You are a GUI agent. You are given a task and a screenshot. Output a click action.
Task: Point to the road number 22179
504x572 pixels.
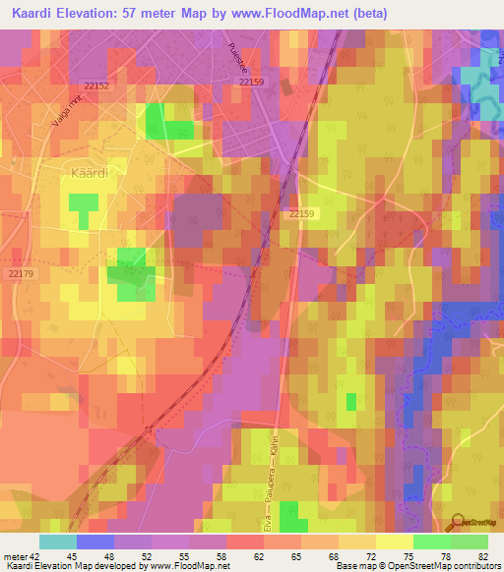(x=21, y=274)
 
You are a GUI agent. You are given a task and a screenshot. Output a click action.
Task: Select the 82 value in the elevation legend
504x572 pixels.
(x=482, y=556)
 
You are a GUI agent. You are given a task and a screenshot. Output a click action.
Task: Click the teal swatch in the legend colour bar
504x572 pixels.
(x=58, y=542)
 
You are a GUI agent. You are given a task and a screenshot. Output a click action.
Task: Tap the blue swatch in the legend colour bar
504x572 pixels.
(x=95, y=542)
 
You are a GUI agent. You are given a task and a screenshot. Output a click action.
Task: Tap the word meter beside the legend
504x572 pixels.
(x=15, y=556)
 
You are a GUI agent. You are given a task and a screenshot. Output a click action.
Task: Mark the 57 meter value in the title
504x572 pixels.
(x=170, y=14)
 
